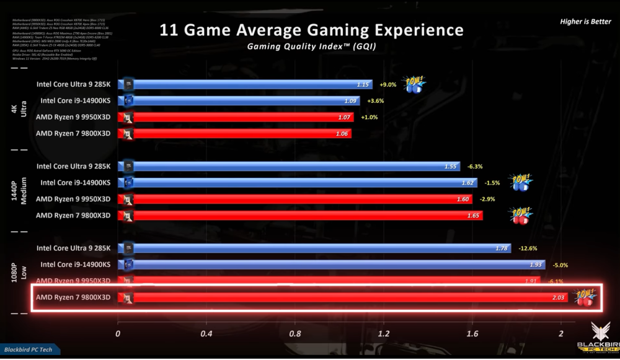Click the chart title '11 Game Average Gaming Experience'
coord(311,30)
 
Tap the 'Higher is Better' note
coord(585,22)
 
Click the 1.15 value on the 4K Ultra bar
coord(364,85)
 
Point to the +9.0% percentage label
coord(387,85)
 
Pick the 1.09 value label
coord(351,101)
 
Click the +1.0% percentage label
coord(369,117)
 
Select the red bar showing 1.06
coord(242,133)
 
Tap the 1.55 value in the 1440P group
coord(451,167)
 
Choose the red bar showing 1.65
coord(307,215)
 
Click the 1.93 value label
coord(535,265)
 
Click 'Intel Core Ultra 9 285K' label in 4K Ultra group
coord(74,84)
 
